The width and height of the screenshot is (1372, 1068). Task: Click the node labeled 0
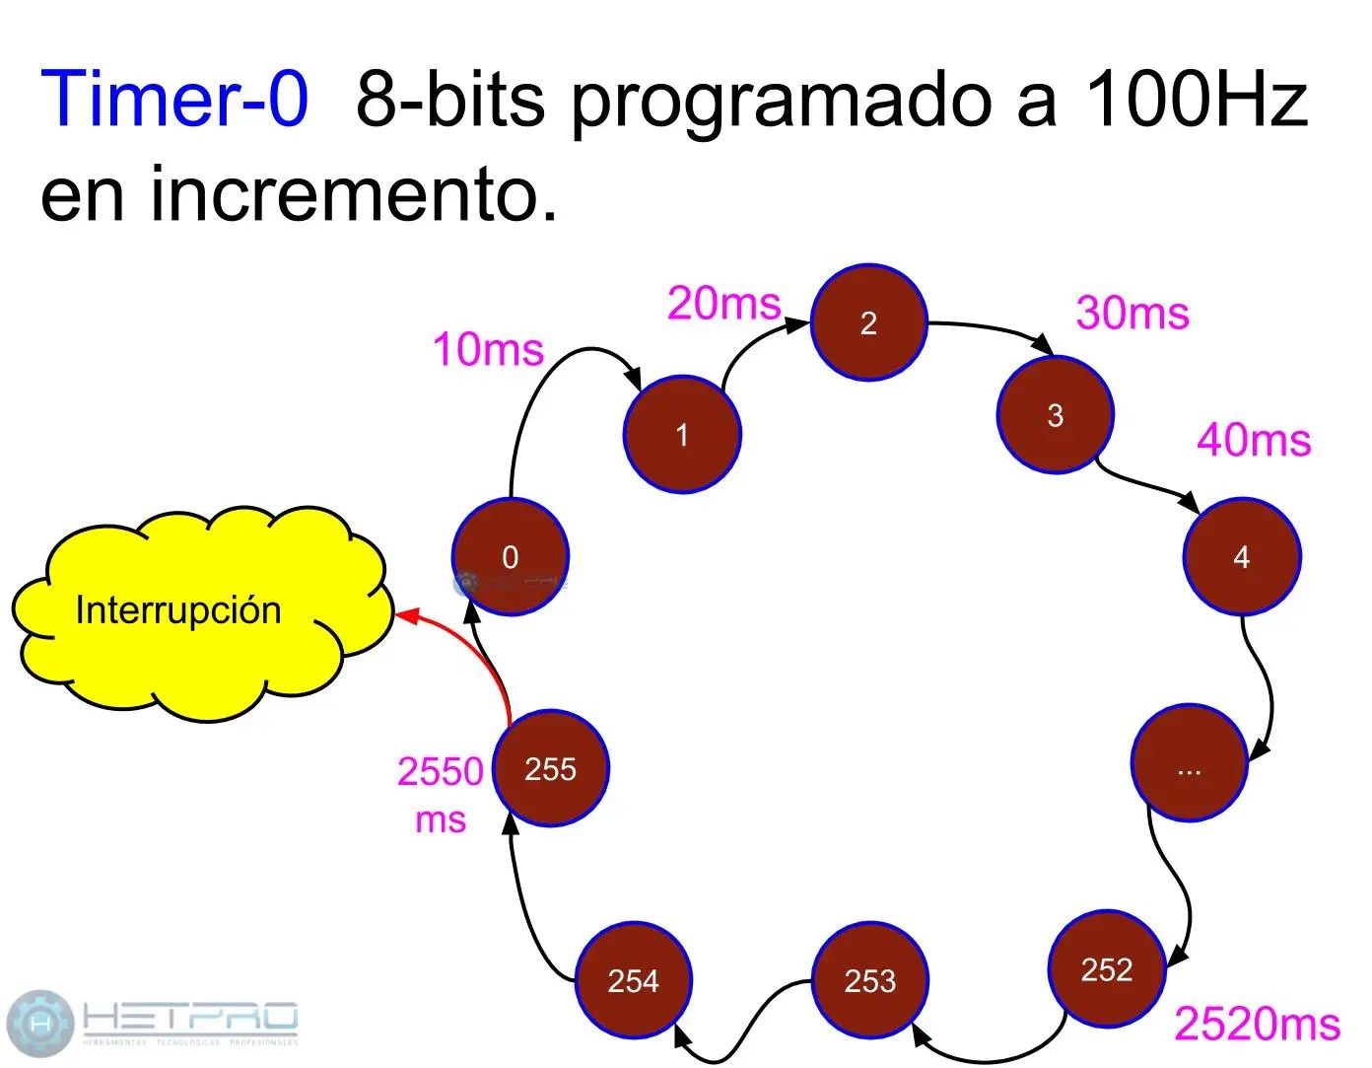(511, 557)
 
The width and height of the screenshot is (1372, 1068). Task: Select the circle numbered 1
(682, 434)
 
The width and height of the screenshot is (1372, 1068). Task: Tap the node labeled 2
(868, 322)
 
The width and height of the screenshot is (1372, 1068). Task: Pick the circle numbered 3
(1055, 415)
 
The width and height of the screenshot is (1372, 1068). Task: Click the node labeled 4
(1242, 557)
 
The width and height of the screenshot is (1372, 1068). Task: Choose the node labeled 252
(1107, 969)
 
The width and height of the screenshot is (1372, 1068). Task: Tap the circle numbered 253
(870, 980)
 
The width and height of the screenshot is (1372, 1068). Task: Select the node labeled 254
(633, 980)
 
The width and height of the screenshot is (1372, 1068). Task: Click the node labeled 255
(551, 768)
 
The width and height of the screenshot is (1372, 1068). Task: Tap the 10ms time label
(488, 349)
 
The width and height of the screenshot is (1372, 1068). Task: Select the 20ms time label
(724, 303)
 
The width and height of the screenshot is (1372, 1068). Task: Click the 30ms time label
(1132, 313)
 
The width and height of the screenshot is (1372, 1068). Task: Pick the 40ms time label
(1254, 440)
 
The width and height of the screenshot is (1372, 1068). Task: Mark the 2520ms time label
(1257, 1024)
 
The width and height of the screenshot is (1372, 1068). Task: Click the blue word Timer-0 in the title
(174, 99)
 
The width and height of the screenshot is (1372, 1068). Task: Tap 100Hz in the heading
(1196, 99)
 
